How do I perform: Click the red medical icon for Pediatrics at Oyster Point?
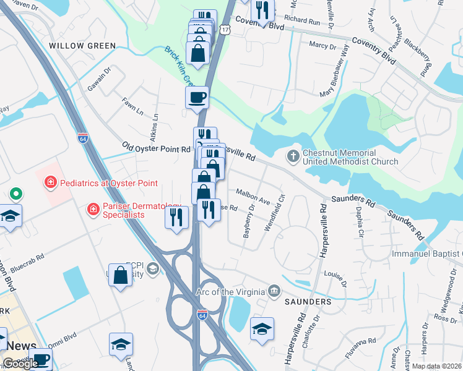[50, 183]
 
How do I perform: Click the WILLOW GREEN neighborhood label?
[82, 46]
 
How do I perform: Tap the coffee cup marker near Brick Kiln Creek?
[197, 98]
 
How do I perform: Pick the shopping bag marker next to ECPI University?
[120, 274]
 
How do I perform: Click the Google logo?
[20, 363]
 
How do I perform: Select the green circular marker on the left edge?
[15, 194]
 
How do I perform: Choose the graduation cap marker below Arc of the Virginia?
[262, 329]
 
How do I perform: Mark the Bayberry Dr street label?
[248, 226]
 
